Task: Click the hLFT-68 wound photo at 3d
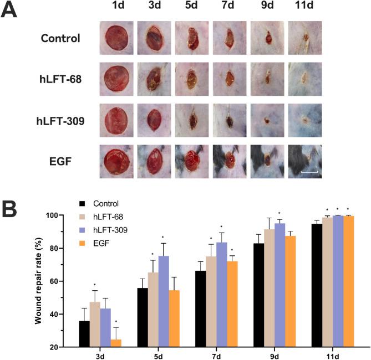click(154, 78)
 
